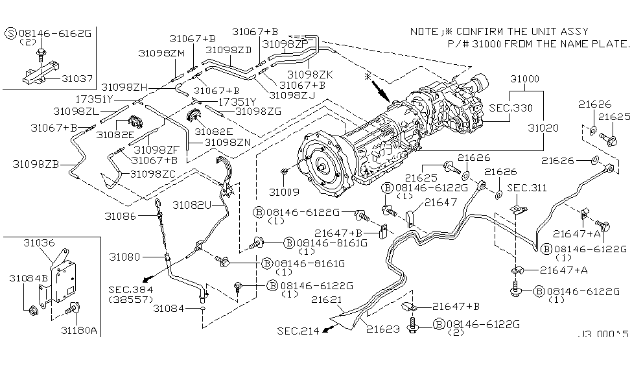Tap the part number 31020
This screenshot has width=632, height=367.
click(543, 128)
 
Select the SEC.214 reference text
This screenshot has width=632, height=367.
click(298, 331)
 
